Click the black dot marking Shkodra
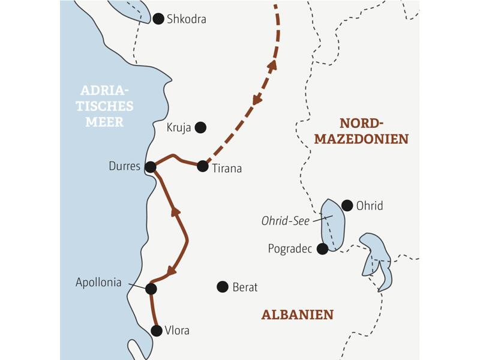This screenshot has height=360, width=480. point(158,19)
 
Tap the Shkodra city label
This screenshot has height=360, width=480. point(187,19)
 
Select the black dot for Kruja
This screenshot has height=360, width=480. point(201,127)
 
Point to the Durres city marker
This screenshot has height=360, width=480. point(151,167)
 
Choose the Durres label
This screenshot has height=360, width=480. point(124,167)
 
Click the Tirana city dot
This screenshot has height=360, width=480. point(203,167)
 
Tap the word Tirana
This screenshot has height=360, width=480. point(227,169)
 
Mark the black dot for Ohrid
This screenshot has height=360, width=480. point(347,205)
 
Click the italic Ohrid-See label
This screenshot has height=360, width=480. point(286,221)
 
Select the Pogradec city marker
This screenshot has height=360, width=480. point(323,248)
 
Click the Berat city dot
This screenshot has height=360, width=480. point(223,287)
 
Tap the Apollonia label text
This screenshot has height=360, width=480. point(99,282)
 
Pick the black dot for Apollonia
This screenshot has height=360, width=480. point(151,289)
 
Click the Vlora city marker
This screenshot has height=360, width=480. point(157,331)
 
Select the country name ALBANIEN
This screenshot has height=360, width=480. point(298,314)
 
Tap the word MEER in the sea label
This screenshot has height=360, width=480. point(107,122)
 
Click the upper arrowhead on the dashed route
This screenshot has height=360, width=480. point(272,65)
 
